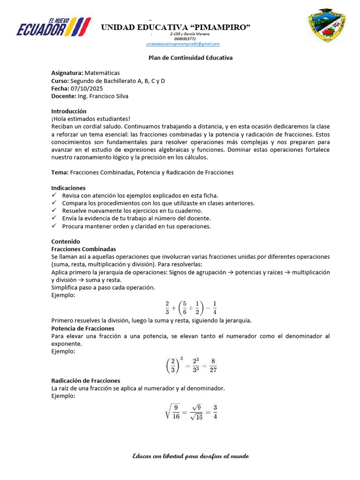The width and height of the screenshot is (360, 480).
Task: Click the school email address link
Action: tap(183, 44)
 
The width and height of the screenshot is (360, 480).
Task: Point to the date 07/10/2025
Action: tap(87, 88)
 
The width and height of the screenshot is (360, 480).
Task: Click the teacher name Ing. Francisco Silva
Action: tap(102, 96)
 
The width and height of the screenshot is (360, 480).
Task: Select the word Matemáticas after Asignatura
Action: tap(102, 73)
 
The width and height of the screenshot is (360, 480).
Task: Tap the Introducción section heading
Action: tap(69, 111)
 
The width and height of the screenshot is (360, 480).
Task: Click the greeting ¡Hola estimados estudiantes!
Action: tap(90, 119)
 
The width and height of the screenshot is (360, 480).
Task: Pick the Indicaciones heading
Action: tap(68, 188)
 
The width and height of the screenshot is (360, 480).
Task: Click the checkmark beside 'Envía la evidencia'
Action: tap(54, 218)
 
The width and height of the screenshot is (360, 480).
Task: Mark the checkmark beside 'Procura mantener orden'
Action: tap(54, 226)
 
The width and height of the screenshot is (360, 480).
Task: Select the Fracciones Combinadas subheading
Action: tap(83, 249)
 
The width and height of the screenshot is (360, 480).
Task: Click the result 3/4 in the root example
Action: tap(215, 411)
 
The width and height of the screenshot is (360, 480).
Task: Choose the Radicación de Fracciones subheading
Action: tap(86, 381)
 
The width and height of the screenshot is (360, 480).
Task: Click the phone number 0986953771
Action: tap(185, 39)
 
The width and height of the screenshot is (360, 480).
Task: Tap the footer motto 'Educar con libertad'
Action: tap(190, 456)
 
